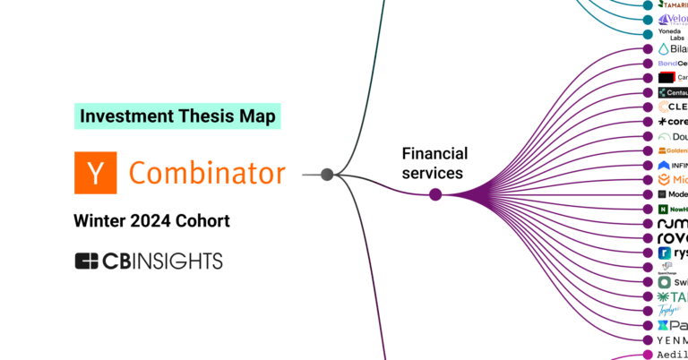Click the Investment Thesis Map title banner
point(176,116)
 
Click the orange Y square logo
point(95,173)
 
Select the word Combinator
point(208,173)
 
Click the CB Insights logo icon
point(87,261)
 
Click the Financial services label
point(434,162)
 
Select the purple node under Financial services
point(435,194)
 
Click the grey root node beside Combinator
point(327,174)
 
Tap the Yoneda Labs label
point(670,34)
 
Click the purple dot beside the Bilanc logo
point(648,48)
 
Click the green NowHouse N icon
point(662,210)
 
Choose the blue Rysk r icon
point(664,253)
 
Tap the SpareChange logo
point(666,267)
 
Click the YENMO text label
point(672,340)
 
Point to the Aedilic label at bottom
point(672,355)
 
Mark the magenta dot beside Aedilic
point(648,355)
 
